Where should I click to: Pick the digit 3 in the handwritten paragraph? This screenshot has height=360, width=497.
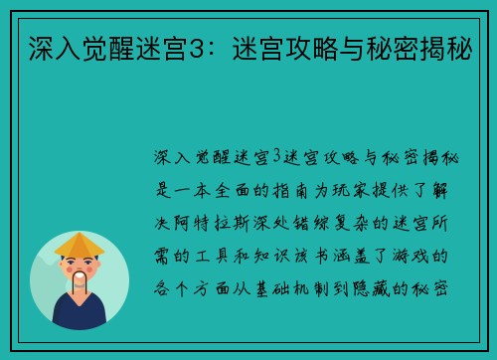[x=277, y=159]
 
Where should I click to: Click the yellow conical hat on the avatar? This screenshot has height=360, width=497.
[x=80, y=244]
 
